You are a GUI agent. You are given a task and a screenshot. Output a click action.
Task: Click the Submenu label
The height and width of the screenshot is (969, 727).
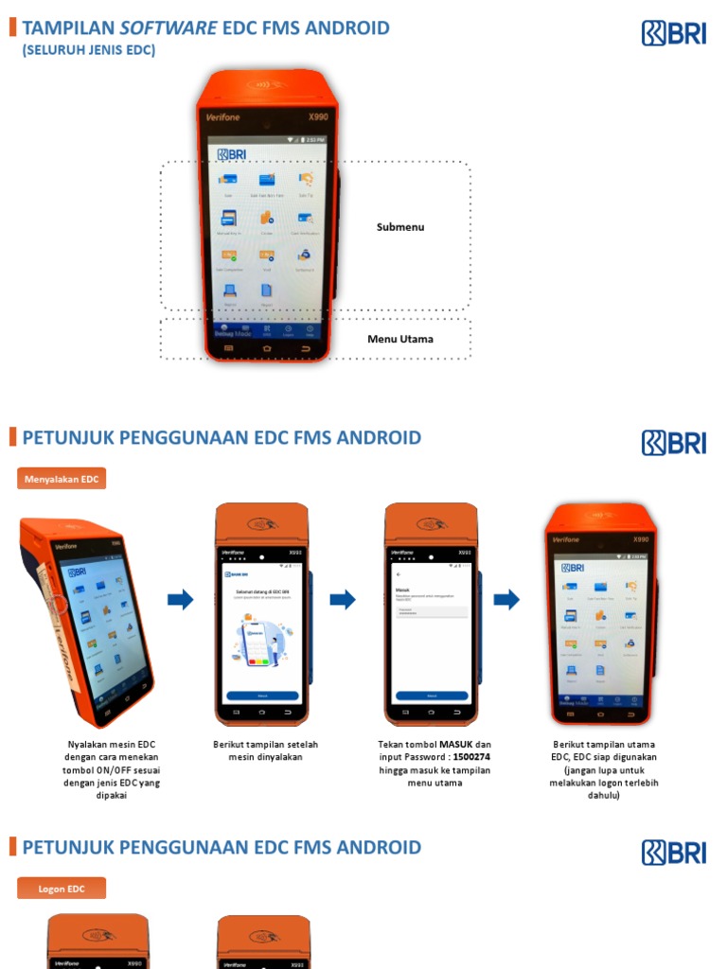pos(400,227)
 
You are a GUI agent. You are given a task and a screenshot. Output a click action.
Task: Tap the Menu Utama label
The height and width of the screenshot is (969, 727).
pos(400,339)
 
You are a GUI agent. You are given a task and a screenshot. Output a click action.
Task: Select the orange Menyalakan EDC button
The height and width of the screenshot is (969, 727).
pos(62,479)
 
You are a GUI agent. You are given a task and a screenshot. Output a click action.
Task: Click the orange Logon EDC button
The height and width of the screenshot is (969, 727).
pos(62,889)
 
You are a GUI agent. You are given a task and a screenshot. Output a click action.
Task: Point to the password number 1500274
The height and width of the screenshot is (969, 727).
pos(470,757)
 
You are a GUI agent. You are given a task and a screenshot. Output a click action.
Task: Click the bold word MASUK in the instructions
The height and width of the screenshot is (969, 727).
pos(455,745)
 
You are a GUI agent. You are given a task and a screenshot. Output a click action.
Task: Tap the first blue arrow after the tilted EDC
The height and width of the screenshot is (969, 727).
pos(181,599)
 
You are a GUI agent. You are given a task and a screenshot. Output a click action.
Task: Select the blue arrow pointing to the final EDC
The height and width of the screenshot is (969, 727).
pos(507,599)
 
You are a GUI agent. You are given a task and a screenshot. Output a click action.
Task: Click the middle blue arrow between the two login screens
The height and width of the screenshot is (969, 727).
pos(343,599)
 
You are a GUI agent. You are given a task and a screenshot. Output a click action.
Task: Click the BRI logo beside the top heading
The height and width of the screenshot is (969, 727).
pos(674,33)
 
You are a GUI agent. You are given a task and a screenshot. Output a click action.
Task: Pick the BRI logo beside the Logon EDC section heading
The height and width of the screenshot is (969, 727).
pos(674,852)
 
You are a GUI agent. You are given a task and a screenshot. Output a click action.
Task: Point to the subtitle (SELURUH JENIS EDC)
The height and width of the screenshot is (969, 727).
pos(89,50)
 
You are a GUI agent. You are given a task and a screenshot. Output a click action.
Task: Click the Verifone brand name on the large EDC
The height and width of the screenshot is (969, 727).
pos(224,117)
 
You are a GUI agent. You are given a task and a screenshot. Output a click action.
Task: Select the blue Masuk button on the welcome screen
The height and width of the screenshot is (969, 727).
pos(262,696)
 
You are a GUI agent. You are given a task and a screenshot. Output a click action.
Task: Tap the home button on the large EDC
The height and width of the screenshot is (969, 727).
pos(267,348)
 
